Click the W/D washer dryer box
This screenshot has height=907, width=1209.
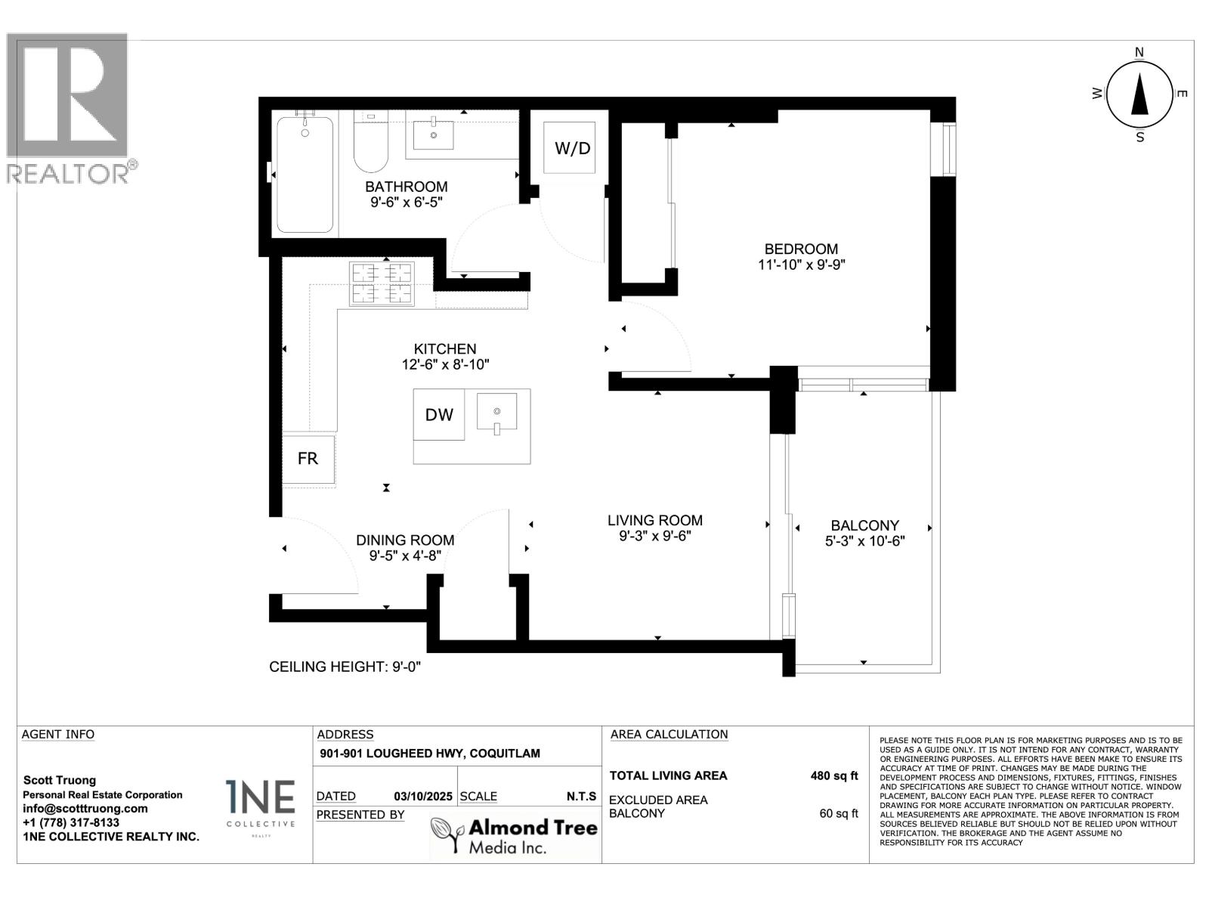(570, 147)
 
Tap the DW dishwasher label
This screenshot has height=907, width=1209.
(439, 415)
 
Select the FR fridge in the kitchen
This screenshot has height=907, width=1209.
(308, 460)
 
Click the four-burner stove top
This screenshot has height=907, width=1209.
(382, 283)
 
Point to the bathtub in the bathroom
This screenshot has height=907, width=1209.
(305, 175)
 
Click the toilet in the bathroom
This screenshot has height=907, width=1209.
(371, 142)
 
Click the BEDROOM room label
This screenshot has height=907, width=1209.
(802, 249)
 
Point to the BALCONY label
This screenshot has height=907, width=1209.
(864, 525)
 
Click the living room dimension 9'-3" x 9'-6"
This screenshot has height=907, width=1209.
(655, 536)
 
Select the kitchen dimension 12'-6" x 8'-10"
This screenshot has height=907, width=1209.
(445, 364)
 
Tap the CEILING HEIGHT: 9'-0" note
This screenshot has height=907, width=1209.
(345, 667)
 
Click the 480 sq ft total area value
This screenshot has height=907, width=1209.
(834, 776)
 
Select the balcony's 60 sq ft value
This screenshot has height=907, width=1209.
(838, 813)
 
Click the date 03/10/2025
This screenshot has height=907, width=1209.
(423, 797)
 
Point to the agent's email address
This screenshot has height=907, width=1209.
(85, 809)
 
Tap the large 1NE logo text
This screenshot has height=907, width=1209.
(261, 797)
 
